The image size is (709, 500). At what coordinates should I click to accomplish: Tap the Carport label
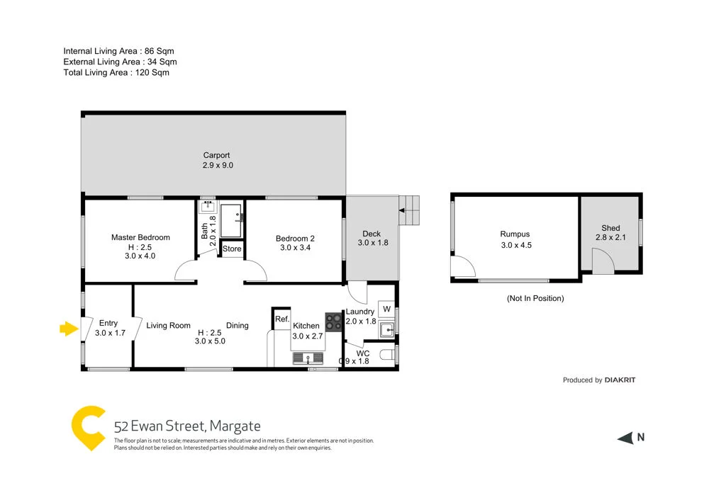tap(216, 156)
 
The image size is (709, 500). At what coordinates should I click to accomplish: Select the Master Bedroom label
tap(140, 238)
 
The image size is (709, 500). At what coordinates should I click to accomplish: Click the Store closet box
tap(232, 249)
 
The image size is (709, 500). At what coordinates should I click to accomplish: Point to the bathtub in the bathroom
tap(231, 220)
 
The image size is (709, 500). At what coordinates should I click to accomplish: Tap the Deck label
tap(372, 234)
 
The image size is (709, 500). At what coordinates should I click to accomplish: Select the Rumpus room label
tap(515, 234)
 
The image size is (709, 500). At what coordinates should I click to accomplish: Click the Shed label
tap(610, 228)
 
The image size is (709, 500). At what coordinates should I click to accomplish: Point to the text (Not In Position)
tap(535, 298)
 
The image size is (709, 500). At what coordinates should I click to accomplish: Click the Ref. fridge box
tap(282, 319)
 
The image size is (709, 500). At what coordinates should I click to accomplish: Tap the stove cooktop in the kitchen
tap(334, 322)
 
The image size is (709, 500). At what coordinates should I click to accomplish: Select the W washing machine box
tap(386, 309)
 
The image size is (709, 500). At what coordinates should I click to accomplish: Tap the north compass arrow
tap(625, 438)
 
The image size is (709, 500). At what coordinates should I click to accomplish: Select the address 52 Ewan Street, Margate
tap(187, 426)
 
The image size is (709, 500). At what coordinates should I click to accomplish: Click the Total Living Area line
tap(116, 72)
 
